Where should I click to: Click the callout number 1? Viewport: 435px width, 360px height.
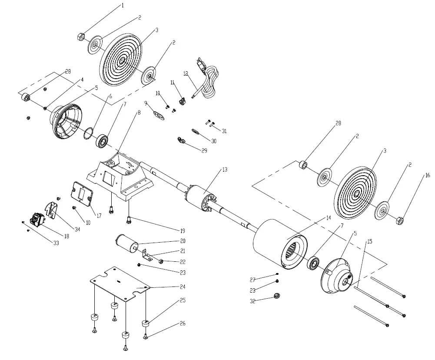(x=122, y=6)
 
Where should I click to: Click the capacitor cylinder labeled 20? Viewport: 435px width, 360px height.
(x=126, y=244)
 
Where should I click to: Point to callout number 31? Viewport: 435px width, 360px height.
(x=224, y=131)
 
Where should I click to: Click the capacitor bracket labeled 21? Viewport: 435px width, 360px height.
(x=147, y=255)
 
